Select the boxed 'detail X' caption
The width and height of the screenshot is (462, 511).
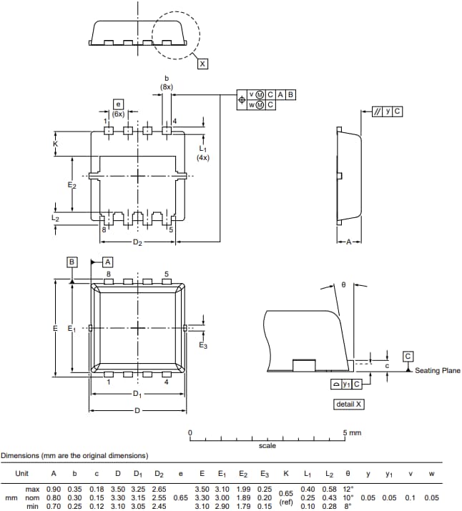point(349,405)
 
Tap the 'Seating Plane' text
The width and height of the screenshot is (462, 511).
point(438,370)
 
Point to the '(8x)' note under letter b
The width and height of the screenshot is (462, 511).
point(166,87)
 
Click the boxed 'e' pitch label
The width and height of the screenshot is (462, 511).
point(118,105)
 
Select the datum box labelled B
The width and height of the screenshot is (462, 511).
point(72,262)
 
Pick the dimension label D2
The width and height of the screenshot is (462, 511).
point(137,244)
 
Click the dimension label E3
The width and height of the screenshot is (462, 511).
point(203,346)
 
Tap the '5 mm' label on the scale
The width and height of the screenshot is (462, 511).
point(352,433)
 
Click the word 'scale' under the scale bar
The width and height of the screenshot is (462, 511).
point(267,446)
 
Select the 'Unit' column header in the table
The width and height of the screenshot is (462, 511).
point(22,473)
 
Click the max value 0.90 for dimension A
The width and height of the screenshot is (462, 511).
point(54,489)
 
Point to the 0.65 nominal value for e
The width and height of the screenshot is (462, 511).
point(180,498)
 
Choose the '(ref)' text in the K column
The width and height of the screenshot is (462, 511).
point(285,502)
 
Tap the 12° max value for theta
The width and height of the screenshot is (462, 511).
point(349,489)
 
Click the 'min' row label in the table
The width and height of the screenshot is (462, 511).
point(32,507)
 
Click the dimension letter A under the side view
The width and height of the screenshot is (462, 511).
point(349,242)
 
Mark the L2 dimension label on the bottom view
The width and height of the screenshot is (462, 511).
point(56,217)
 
